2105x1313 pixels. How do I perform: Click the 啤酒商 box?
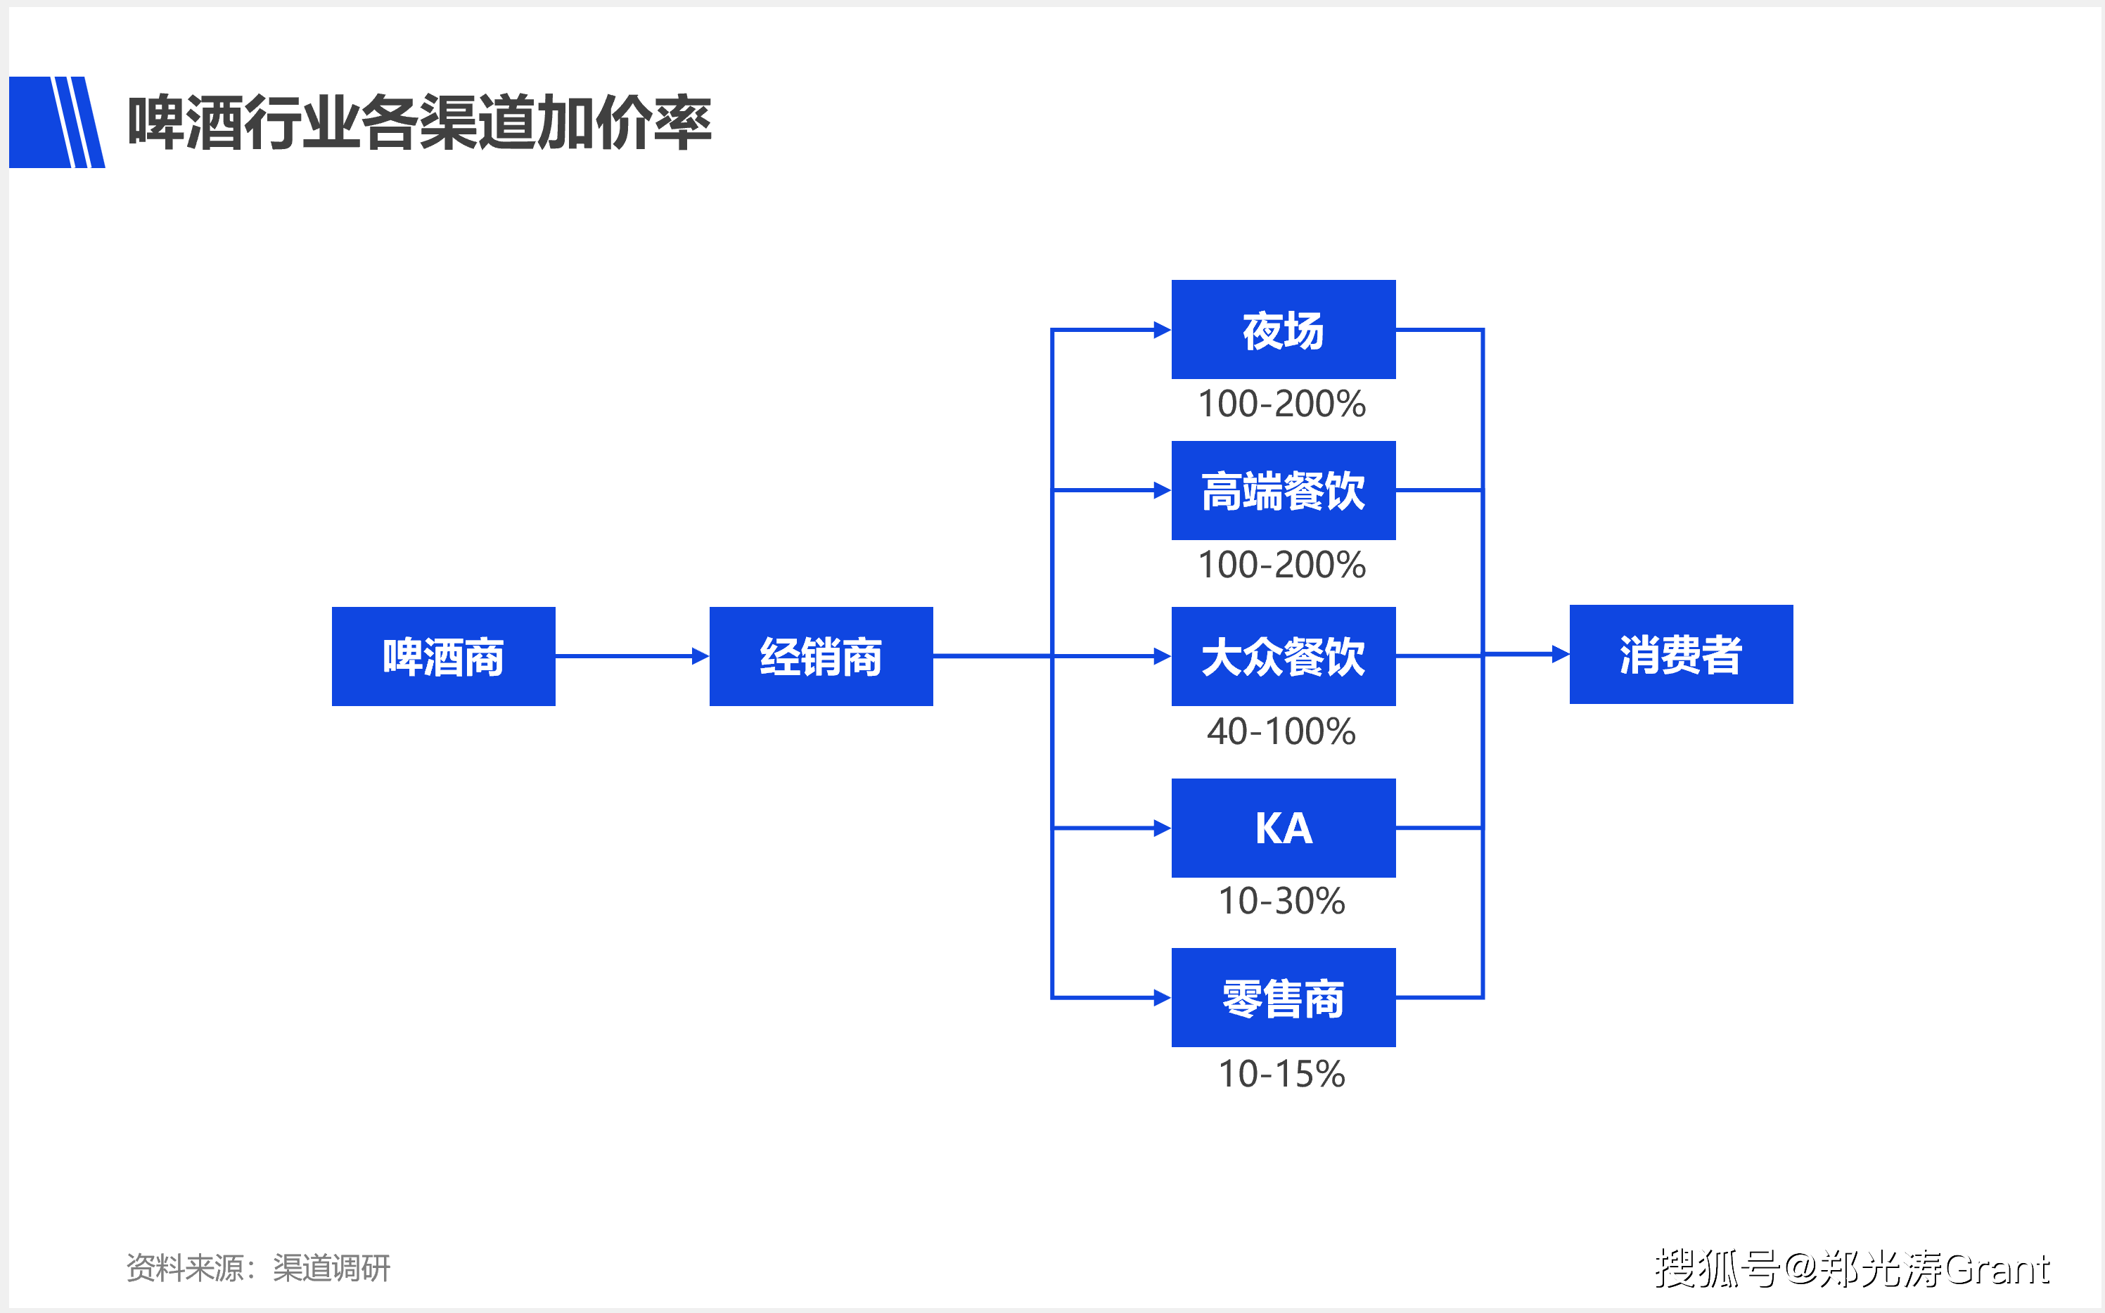(443, 657)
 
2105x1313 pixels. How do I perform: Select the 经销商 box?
(821, 657)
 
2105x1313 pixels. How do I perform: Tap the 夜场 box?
(1283, 329)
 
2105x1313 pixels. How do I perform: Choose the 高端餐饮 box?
(1283, 491)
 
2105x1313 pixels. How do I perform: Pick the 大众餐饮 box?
(1283, 657)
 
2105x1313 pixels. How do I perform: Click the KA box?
(1283, 828)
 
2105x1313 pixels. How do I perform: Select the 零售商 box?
(1283, 998)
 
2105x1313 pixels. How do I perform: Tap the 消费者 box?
(1680, 654)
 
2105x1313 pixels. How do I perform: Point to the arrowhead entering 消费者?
(1561, 654)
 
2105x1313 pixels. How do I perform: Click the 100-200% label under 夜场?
(1281, 404)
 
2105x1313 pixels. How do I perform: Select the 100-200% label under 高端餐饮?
(1281, 565)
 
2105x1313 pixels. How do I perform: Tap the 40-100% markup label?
(1281, 731)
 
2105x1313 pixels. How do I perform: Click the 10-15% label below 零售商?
(1281, 1074)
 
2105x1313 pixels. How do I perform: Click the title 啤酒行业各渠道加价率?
(419, 122)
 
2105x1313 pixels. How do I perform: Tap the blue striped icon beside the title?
(56, 122)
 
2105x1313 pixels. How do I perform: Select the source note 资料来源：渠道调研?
(258, 1268)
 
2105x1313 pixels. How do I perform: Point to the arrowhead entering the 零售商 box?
(1162, 998)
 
